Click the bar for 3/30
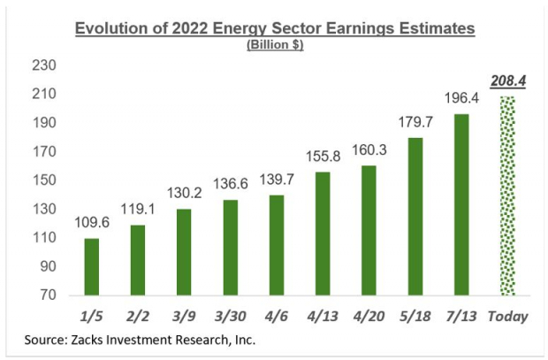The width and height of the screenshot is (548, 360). click(231, 248)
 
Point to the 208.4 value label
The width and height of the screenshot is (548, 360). click(507, 80)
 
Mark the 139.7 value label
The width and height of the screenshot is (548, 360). click(277, 180)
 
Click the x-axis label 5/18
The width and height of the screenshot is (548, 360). click(415, 316)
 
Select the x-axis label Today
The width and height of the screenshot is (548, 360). click(507, 316)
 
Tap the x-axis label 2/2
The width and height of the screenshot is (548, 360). click(138, 316)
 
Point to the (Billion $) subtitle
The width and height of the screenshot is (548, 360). click(275, 46)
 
